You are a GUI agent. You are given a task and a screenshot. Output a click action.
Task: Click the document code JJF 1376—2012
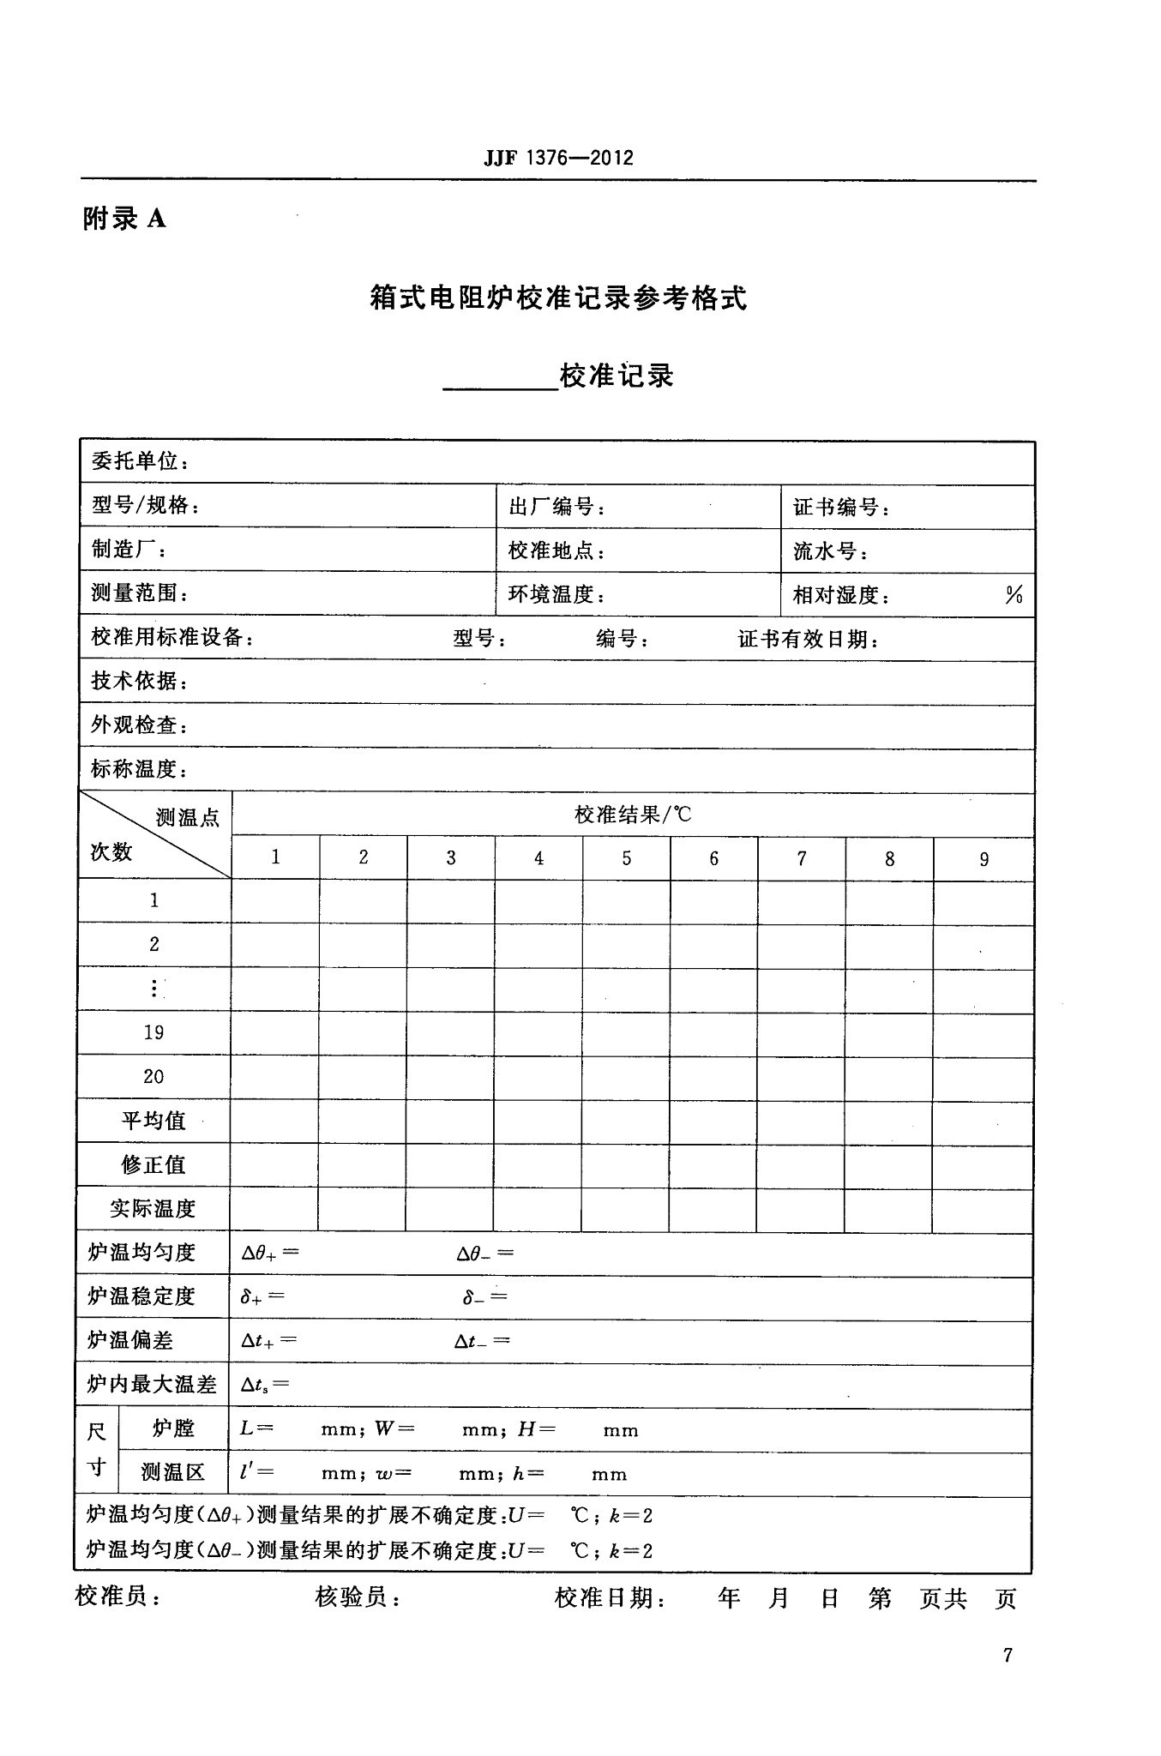(x=558, y=158)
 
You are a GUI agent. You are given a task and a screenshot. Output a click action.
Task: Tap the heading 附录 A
(x=124, y=219)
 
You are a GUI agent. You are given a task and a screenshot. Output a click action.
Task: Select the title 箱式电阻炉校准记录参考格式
(x=558, y=298)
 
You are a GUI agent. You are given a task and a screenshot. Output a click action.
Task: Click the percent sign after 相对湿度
(x=1014, y=594)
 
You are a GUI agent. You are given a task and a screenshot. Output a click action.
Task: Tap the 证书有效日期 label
(x=808, y=639)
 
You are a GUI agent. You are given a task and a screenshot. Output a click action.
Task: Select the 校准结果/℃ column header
(x=633, y=814)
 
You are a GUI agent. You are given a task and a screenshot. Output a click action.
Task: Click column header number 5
(x=627, y=858)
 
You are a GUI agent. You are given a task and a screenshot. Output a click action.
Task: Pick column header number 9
(x=984, y=859)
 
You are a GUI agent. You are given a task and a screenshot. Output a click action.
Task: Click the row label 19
(x=153, y=1032)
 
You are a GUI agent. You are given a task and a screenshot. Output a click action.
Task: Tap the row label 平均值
(x=153, y=1121)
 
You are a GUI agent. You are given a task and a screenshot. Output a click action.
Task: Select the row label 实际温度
(x=153, y=1209)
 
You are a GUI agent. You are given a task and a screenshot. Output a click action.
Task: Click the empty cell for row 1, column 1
(x=275, y=901)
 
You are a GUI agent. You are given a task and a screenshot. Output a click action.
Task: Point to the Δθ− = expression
(x=484, y=1253)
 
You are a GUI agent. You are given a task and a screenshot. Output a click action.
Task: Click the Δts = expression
(x=265, y=1385)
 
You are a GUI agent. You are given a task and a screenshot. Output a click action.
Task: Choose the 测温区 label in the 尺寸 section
(x=173, y=1473)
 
